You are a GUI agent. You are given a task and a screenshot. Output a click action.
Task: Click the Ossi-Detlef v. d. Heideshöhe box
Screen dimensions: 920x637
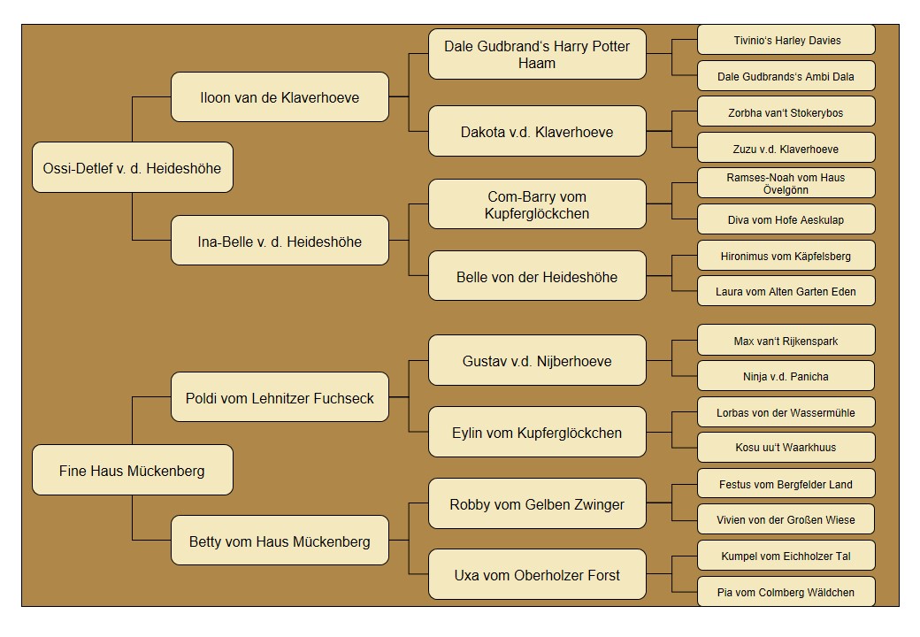(133, 167)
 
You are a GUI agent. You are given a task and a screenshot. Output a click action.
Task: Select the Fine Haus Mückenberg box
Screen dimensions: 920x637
(133, 470)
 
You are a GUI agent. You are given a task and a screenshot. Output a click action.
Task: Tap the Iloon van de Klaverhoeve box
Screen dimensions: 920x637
(280, 96)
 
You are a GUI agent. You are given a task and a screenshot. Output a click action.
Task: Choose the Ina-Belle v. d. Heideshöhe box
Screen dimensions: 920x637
(280, 241)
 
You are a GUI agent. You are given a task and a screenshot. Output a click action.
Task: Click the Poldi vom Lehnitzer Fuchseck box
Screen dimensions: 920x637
(280, 397)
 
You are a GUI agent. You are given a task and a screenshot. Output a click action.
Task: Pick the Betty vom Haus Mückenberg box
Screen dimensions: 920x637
(280, 541)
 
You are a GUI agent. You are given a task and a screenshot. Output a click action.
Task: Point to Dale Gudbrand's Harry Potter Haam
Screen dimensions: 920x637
(537, 54)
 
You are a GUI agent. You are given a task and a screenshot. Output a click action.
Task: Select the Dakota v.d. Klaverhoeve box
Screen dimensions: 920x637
(537, 131)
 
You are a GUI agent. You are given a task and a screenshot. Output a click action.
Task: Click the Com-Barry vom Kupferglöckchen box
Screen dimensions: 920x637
(537, 204)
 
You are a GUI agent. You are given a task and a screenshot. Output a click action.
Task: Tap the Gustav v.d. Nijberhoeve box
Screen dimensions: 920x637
(537, 360)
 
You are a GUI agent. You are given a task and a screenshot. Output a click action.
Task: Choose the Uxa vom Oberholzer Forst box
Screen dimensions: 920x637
(537, 574)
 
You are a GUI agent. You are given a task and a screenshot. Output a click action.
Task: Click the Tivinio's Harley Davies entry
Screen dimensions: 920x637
(786, 40)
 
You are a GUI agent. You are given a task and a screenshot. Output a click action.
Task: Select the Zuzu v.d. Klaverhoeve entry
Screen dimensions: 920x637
(786, 148)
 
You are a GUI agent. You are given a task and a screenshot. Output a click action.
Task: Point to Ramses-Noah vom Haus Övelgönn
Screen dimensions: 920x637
(786, 183)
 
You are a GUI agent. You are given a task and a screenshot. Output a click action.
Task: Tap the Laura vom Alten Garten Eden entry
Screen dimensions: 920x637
(786, 291)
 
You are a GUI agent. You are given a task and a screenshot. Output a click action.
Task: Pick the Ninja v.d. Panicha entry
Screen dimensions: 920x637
(786, 376)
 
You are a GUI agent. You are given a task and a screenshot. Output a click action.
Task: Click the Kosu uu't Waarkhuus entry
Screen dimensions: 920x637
(786, 447)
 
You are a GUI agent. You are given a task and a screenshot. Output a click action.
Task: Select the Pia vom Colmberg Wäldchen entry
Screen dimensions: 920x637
(786, 591)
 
